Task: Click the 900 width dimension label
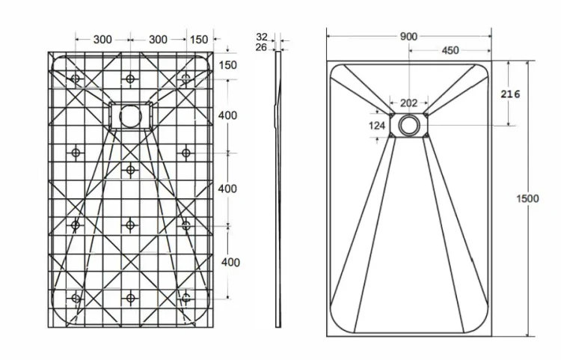coord(408,37)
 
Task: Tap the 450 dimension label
coord(450,50)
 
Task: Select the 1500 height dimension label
coord(527,198)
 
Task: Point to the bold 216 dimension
coord(510,94)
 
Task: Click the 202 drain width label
coord(408,103)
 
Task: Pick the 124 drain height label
coord(377,126)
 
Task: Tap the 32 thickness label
coord(262,37)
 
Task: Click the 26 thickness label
coord(261,47)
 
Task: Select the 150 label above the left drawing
coord(198,40)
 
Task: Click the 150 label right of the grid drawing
coord(227,65)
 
